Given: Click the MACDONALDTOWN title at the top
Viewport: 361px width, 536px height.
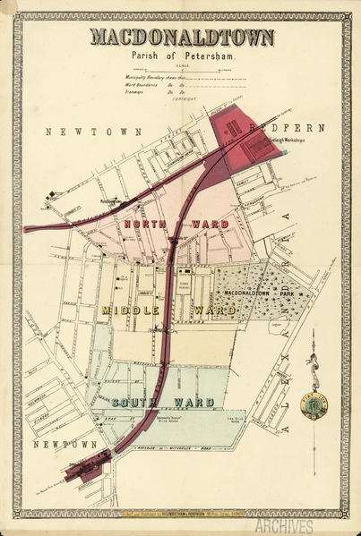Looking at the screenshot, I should (x=181, y=38).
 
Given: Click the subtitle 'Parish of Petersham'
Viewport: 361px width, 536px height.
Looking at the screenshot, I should (x=181, y=55).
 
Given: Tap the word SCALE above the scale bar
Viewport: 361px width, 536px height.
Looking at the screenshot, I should (x=181, y=67).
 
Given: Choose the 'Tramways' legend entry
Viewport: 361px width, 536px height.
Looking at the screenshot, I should (x=139, y=92).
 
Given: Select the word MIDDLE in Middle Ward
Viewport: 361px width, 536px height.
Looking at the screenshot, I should (x=131, y=311).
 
